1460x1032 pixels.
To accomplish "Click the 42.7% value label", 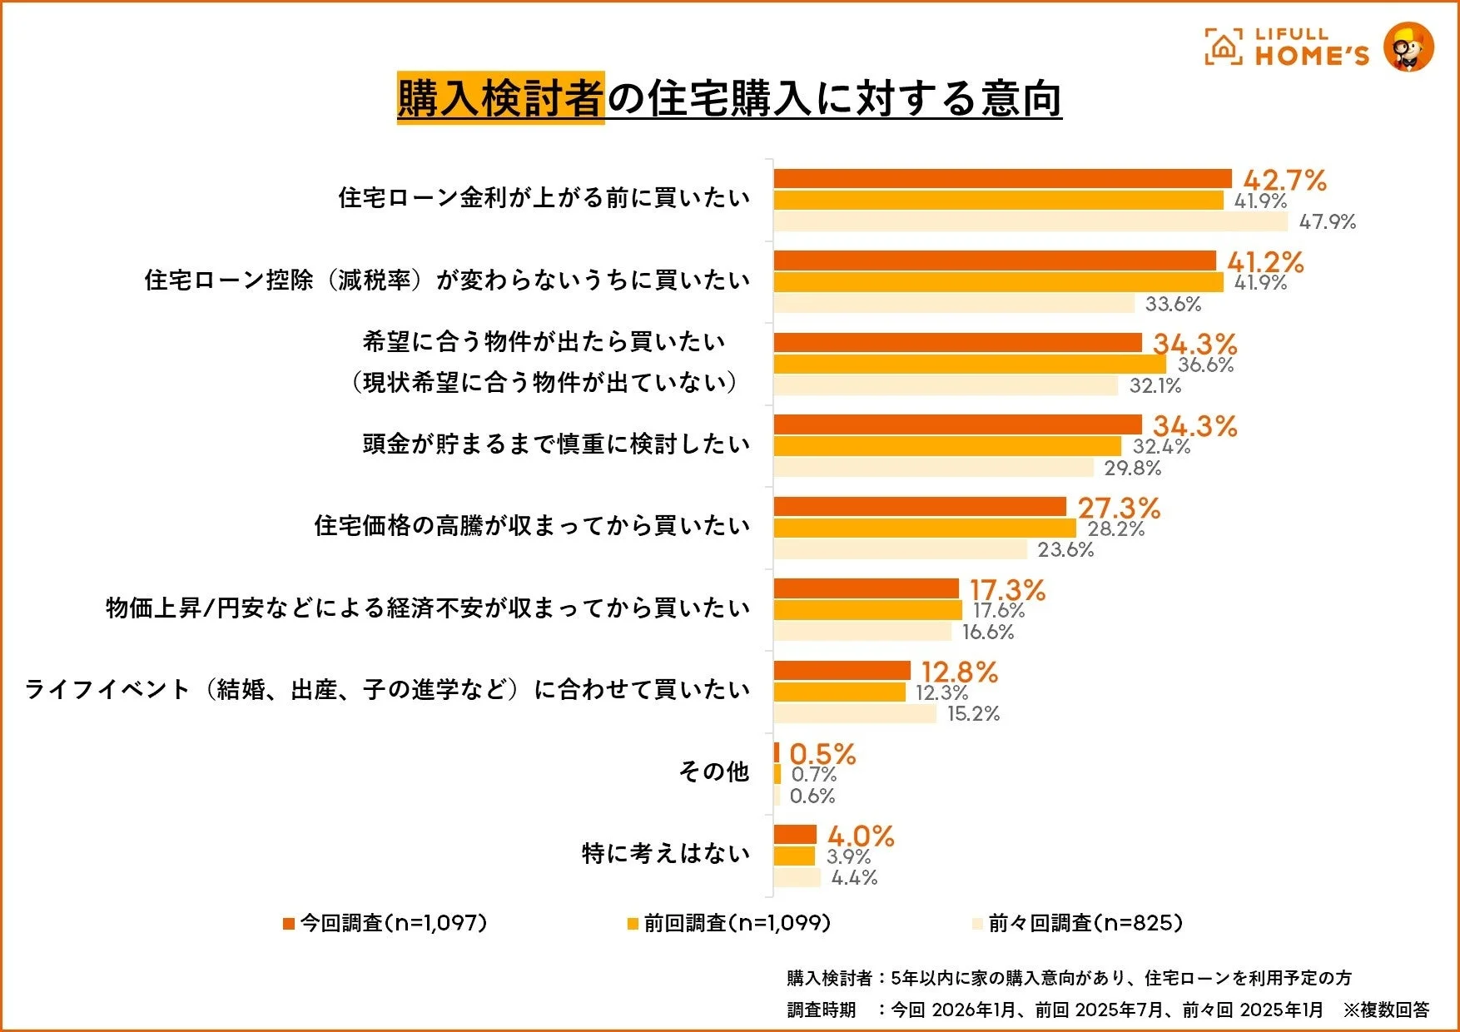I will [x=1284, y=180].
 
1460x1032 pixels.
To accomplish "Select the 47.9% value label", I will [x=1327, y=222].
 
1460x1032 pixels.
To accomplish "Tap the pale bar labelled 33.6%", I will [x=954, y=304].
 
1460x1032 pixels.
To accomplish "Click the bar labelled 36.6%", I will [x=970, y=365].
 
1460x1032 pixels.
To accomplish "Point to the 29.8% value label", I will [x=1132, y=468].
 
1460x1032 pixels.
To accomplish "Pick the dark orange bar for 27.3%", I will [x=920, y=507].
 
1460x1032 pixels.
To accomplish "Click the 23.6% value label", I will [x=1065, y=549].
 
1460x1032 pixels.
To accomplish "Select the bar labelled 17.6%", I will [x=867, y=610].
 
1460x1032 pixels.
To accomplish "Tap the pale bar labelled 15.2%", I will [x=855, y=713].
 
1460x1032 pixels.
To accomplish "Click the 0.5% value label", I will [x=822, y=754].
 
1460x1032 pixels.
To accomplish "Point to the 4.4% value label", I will [x=854, y=877].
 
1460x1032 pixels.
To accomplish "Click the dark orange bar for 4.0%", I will [x=795, y=835].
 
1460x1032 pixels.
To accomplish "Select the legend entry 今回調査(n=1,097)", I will [x=385, y=923].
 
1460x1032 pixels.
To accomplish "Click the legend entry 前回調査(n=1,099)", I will [x=729, y=923].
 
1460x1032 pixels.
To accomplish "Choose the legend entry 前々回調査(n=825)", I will [x=1078, y=923].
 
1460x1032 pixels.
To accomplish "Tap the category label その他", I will [x=714, y=772].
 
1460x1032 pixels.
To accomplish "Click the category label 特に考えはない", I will [x=666, y=853].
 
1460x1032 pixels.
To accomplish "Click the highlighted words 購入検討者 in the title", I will [x=500, y=98].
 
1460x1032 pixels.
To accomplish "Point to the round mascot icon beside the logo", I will [x=1408, y=47].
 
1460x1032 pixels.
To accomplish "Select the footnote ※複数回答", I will [x=1386, y=1010].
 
